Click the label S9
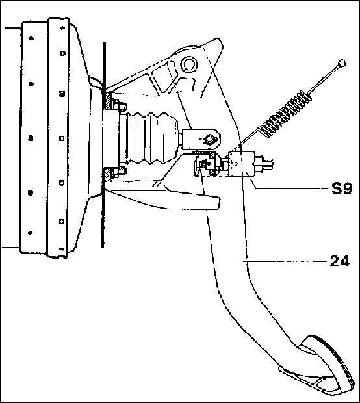tap(341, 189)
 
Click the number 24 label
tap(340, 261)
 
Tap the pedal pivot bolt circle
tap(189, 64)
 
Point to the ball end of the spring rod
tap(342, 63)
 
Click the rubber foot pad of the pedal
tap(326, 365)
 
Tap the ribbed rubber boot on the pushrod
tap(151, 138)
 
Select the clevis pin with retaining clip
tap(208, 139)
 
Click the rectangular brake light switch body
tap(242, 164)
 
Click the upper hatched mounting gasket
tap(108, 100)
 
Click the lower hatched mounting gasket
tap(107, 175)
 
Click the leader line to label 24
tap(285, 262)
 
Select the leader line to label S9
tap(288, 184)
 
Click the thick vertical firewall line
tap(103, 145)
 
